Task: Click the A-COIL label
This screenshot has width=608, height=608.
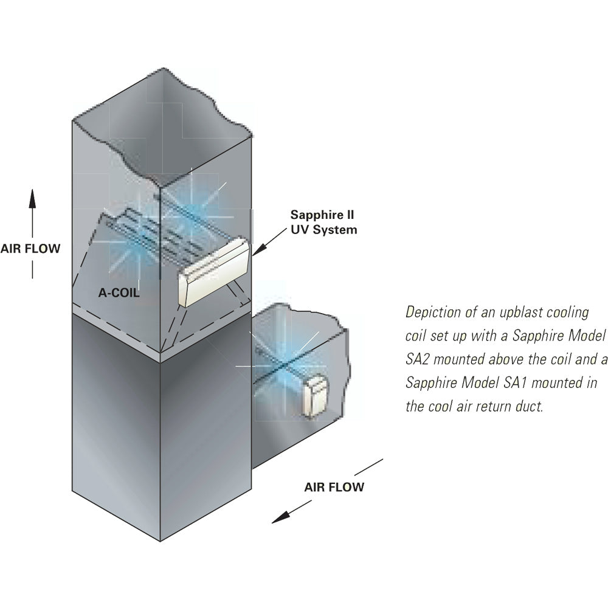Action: point(119,292)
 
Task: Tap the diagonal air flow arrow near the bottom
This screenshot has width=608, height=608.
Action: point(326,491)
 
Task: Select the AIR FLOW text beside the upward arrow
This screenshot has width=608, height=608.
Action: point(30,249)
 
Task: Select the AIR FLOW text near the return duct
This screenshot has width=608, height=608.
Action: point(334,486)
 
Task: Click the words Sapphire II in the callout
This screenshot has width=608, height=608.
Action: point(322,215)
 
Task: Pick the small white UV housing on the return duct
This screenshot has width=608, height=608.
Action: point(316,398)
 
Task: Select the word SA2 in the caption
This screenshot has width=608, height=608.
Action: point(419,360)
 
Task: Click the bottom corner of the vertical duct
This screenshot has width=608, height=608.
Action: point(160,541)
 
